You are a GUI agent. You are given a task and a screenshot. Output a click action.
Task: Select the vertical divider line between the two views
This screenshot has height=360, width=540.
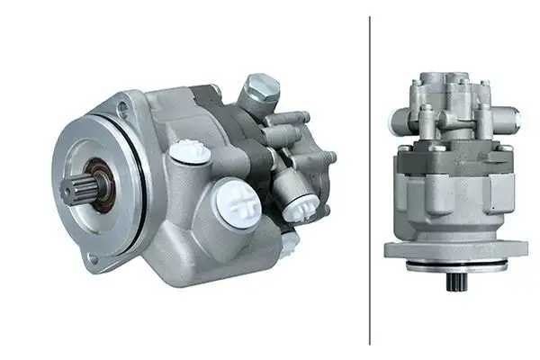tap(370, 180)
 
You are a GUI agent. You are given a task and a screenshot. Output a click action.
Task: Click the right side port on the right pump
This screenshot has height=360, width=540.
tap(510, 116)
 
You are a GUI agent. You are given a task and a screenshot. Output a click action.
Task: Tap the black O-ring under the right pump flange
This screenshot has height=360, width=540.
tap(455, 266)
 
